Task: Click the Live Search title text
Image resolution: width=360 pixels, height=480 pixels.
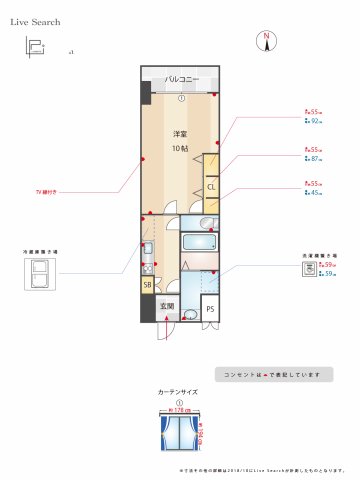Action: [x=35, y=20]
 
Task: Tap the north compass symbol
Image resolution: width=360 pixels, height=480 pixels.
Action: [x=266, y=40]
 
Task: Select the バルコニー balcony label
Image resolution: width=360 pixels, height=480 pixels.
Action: [x=181, y=79]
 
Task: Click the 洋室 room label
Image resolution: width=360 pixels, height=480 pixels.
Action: [x=180, y=135]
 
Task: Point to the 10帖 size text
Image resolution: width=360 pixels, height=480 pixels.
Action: [x=180, y=148]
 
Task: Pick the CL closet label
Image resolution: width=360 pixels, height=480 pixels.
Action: [x=211, y=187]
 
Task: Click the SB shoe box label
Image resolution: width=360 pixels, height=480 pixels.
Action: [x=147, y=285]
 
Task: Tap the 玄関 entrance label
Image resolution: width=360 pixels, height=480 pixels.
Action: [x=167, y=306]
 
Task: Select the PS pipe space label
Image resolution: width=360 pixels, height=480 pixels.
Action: [x=210, y=310]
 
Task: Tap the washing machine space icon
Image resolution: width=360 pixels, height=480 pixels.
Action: [x=311, y=268]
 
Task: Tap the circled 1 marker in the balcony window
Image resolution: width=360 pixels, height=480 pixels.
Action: [x=181, y=98]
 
